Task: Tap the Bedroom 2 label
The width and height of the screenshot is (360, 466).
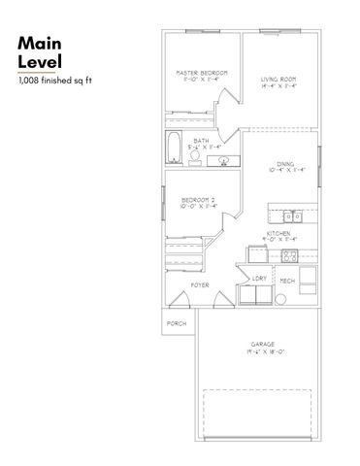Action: [197, 199]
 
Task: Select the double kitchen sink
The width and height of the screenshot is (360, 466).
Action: [293, 216]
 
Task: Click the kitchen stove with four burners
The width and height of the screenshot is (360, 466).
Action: [288, 255]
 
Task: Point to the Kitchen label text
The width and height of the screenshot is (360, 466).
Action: [280, 234]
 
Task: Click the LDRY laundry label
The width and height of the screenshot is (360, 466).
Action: [258, 279]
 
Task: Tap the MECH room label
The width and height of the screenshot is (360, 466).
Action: [287, 281]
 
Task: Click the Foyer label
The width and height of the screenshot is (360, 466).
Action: [200, 284]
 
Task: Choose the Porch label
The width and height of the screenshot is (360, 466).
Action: [176, 322]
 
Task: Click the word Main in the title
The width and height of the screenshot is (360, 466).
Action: [40, 44]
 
